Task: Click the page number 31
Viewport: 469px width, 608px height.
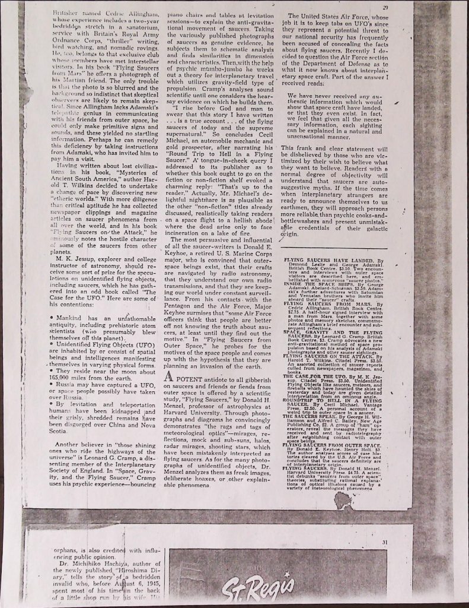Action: (385, 541)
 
